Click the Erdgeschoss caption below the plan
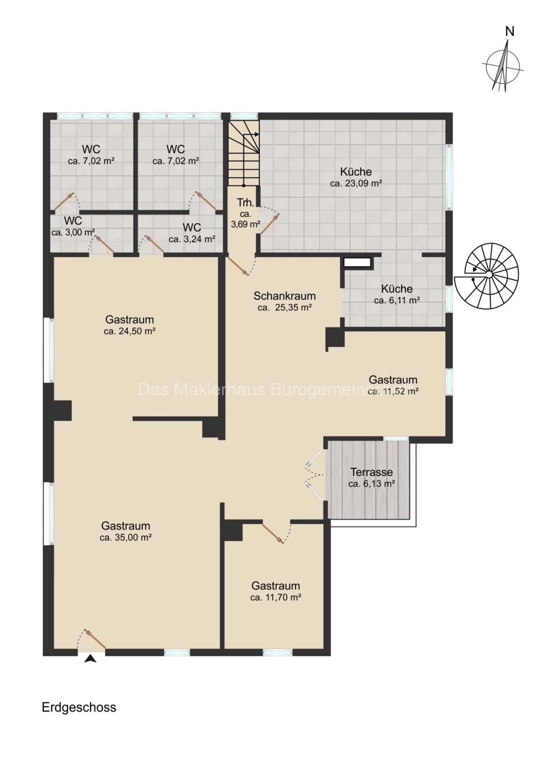click(79, 708)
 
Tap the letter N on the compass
click(510, 31)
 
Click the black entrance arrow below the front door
click(90, 659)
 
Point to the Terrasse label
click(371, 472)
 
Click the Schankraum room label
click(284, 296)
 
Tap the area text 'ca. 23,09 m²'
click(356, 183)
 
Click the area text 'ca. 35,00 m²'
click(125, 537)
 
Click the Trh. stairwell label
click(245, 203)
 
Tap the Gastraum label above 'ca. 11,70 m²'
click(276, 586)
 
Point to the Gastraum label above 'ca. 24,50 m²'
click(129, 320)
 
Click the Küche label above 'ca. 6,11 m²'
click(397, 289)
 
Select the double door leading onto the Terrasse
click(315, 475)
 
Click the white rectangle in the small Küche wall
click(357, 262)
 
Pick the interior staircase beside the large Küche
click(244, 153)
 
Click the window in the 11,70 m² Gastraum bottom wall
click(278, 653)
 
